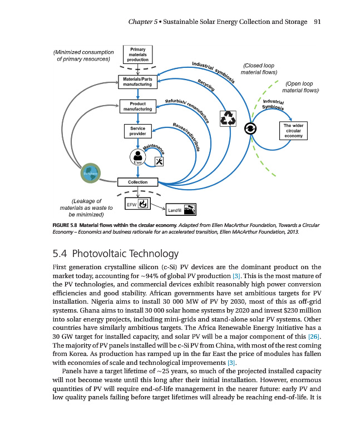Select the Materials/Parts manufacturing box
click(137, 82)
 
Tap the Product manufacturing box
click(137, 106)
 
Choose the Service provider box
click(137, 131)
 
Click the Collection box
click(137, 182)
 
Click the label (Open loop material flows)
click(300, 87)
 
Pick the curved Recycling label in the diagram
click(206, 85)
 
